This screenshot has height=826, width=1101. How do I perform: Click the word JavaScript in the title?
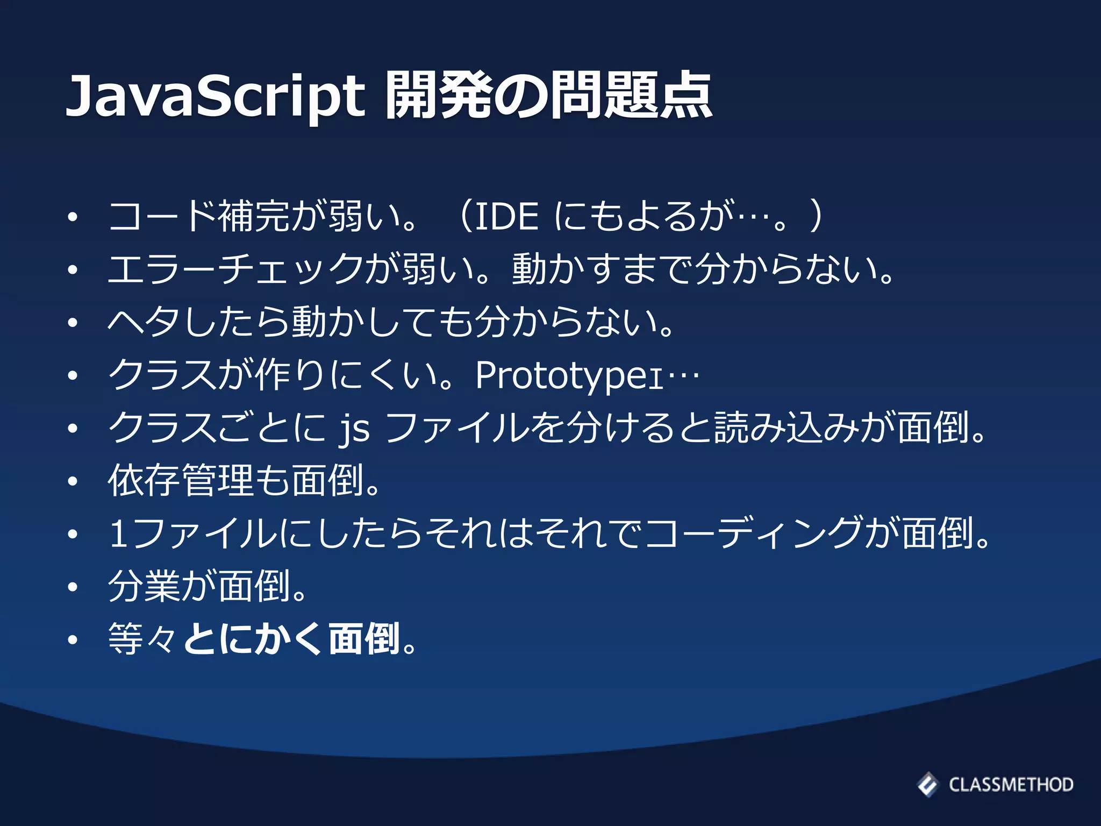[x=215, y=97]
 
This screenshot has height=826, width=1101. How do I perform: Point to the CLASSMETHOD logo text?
[x=1011, y=785]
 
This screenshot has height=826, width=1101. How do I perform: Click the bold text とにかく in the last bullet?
[x=252, y=639]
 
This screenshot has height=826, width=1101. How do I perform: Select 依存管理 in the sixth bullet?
[x=181, y=480]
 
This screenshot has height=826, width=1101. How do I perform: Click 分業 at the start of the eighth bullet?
[x=144, y=586]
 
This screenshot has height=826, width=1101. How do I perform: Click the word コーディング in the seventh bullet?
[x=753, y=534]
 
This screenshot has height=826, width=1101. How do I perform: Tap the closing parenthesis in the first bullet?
[x=816, y=217]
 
